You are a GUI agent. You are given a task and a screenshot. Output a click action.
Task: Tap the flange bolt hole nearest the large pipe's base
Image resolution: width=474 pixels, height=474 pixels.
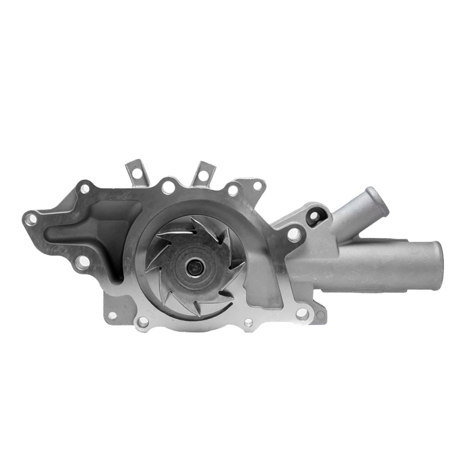[292, 237]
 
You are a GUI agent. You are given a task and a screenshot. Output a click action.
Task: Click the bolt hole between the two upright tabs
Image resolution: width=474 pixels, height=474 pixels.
[169, 187]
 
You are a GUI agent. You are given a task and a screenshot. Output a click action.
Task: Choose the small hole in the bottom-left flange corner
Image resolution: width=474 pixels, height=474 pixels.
[113, 315]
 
